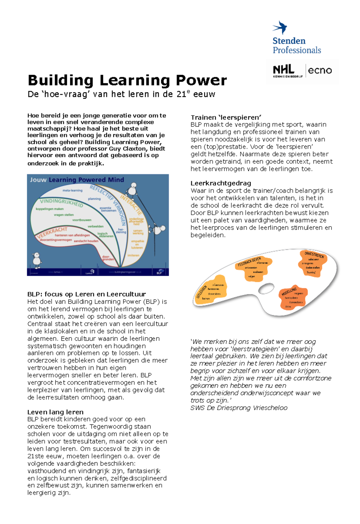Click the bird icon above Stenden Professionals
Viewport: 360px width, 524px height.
(280, 27)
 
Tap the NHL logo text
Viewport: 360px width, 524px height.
(283, 70)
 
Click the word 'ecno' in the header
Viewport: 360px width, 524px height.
(320, 70)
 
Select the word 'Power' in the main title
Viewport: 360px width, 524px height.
(201, 80)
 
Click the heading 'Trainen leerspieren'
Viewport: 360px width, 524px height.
(226, 117)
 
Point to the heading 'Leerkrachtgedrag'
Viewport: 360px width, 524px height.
(220, 183)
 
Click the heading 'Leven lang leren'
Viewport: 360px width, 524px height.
(55, 412)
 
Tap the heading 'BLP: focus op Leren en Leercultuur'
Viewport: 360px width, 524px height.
(86, 294)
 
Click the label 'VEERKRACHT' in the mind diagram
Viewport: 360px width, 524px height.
(53, 233)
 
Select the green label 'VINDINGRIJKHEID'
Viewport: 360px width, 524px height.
(61, 202)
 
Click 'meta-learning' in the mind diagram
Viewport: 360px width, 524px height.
(72, 190)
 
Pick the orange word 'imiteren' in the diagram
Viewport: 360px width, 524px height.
(133, 255)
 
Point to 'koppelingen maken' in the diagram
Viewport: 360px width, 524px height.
(49, 209)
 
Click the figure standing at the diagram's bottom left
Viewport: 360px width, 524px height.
(37, 260)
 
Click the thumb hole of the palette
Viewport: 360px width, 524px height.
(266, 289)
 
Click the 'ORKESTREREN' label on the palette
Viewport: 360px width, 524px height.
(314, 255)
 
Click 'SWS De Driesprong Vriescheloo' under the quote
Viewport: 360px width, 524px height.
(239, 408)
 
